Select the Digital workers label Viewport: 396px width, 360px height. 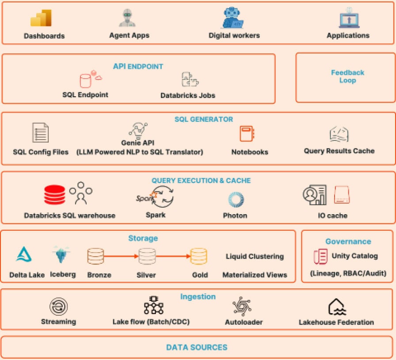234,35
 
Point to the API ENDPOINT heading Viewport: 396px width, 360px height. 138,67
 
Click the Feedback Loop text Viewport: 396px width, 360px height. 347,76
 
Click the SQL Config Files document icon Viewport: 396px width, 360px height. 40,133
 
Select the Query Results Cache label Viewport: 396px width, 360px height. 339,151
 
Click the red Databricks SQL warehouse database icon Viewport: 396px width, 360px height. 54,194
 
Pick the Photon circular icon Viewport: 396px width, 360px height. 236,200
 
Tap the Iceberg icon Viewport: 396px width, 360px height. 61,255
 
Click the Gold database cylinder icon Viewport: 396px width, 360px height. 198,257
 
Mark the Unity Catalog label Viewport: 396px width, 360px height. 354,256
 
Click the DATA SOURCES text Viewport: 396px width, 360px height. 197,347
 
